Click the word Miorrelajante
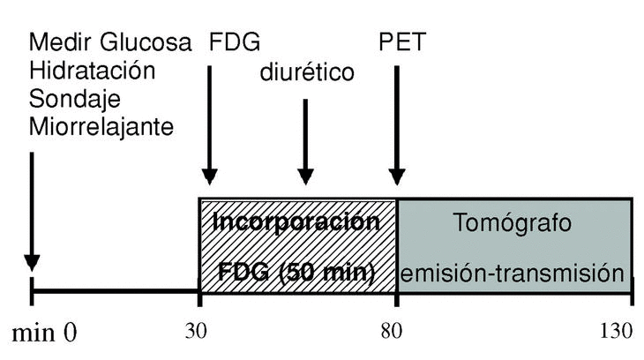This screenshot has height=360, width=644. [x=101, y=127]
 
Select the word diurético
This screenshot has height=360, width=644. [x=306, y=71]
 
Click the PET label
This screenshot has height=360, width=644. [x=400, y=42]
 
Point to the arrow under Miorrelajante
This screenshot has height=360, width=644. [x=31, y=212]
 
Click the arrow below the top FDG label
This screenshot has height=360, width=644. [x=209, y=124]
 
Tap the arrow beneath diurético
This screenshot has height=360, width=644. [x=305, y=141]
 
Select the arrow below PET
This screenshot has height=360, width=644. [x=397, y=124]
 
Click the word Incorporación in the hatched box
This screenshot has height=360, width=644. [x=297, y=222]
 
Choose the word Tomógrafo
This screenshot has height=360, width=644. [x=514, y=223]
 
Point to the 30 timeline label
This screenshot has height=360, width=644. [x=197, y=331]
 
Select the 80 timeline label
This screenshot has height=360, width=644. [x=396, y=331]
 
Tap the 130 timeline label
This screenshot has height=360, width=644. [x=616, y=331]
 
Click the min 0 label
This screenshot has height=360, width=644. [x=44, y=333]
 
